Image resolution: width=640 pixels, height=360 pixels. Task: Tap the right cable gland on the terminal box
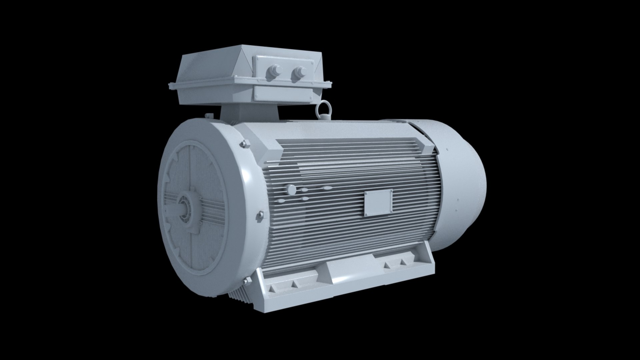coord(299,73)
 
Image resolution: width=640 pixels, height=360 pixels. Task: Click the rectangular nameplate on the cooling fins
coord(378,203)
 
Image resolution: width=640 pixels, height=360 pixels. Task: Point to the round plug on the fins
coord(291,190)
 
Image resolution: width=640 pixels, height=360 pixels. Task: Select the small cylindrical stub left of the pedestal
coord(209,115)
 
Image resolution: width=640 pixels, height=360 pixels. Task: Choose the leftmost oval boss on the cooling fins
coord(281,201)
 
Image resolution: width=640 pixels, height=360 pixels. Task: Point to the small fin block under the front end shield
coord(238,293)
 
